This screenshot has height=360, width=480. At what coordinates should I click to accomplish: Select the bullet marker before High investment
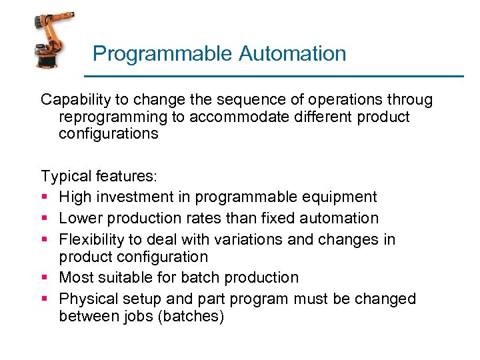pos(45,197)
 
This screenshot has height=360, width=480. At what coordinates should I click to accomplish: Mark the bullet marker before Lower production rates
pos(45,218)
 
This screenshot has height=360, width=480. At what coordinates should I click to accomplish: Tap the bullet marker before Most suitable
pos(45,277)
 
